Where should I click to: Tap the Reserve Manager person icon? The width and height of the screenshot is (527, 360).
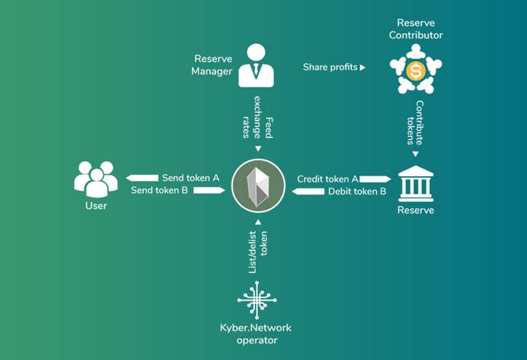coord(256,66)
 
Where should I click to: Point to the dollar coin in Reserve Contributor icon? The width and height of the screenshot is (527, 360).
coord(416,68)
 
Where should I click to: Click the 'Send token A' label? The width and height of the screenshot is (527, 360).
coord(191,178)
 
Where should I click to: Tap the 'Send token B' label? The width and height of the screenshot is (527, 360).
coord(159,190)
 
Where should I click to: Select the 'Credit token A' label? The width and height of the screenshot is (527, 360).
coord(328,179)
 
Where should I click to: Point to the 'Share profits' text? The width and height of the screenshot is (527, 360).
coord(330,68)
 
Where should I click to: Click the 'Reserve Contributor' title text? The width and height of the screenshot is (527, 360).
coord(416,29)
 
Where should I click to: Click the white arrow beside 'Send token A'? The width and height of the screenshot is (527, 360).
coord(141,178)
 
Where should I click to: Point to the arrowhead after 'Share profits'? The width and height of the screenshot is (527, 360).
coord(362,68)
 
